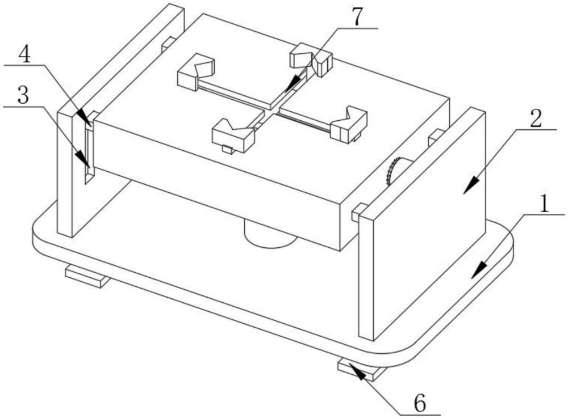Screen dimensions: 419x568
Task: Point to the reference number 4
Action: (24, 54)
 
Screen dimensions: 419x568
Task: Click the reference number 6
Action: (420, 404)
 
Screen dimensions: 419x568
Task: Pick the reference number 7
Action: (356, 18)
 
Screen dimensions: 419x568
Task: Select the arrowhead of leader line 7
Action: (287, 90)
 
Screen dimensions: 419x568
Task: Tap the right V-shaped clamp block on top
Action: (349, 122)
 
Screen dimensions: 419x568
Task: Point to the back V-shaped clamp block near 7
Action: (311, 57)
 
